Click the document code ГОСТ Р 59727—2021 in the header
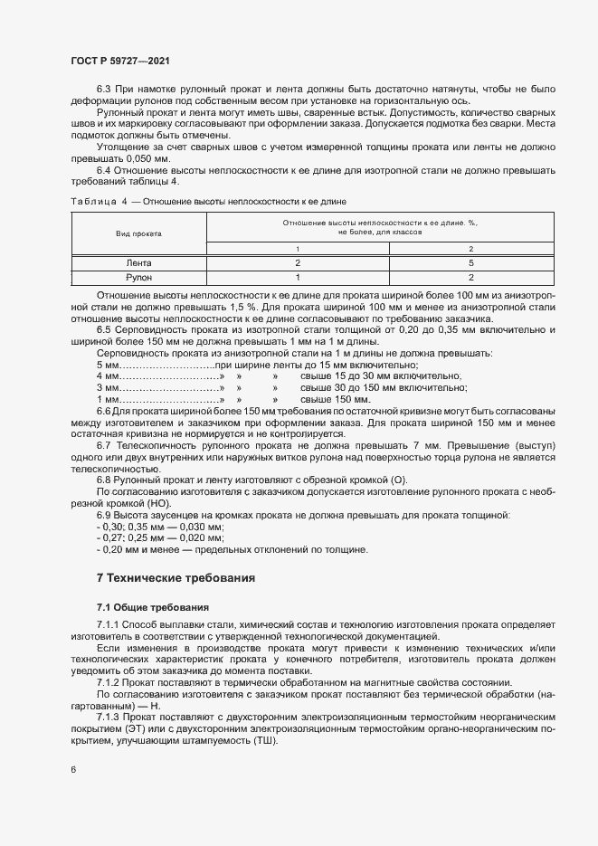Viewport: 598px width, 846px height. (x=119, y=61)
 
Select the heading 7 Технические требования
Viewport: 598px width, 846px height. (x=176, y=577)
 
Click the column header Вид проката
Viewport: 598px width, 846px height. (x=138, y=233)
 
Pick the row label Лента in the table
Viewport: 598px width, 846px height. (x=138, y=262)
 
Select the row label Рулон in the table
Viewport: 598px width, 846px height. (x=138, y=277)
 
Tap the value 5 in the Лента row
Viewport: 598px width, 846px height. (x=470, y=262)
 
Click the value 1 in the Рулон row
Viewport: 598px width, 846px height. (x=297, y=277)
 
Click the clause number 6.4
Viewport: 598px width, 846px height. (x=106, y=170)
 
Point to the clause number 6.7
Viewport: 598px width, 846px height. (x=106, y=446)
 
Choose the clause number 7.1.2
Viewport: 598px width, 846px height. (x=110, y=683)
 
